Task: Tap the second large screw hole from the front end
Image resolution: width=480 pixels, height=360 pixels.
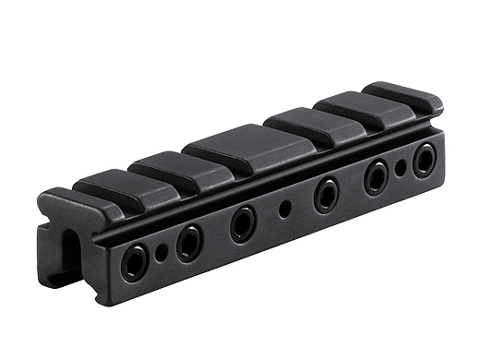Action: pos(188,244)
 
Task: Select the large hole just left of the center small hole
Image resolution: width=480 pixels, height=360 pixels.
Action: pos(243,222)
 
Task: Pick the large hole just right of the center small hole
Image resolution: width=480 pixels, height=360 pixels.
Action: pos(325,194)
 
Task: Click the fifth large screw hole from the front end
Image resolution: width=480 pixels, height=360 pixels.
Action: pos(376,176)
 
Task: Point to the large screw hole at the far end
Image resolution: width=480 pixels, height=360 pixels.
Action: pos(423,161)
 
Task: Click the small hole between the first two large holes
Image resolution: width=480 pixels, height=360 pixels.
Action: pos(162,250)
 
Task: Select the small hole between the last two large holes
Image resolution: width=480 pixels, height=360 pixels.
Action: pos(400,169)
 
